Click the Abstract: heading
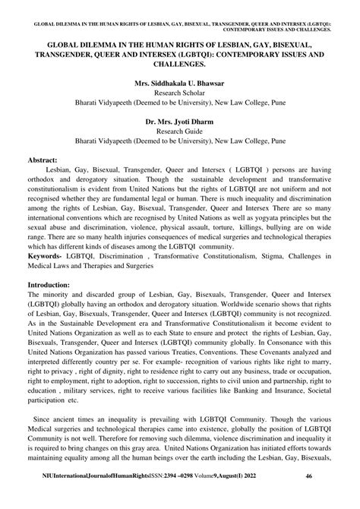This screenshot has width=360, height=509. pyautogui.click(x=45, y=162)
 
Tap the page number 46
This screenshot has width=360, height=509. pyautogui.click(x=330, y=496)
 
